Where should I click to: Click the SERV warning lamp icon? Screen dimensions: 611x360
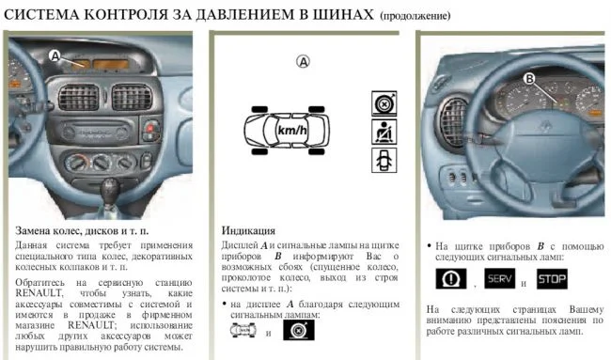tap(499, 278)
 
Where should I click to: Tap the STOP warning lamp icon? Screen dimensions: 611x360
tap(552, 278)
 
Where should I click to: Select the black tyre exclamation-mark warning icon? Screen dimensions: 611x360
tap(451, 278)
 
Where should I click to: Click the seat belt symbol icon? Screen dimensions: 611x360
tap(384, 133)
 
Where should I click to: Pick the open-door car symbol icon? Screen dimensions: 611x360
tap(384, 160)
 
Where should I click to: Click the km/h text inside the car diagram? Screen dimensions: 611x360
tap(292, 130)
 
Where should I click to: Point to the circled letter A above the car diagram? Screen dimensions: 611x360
tap(303, 61)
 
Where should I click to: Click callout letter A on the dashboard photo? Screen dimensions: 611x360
tap(55, 55)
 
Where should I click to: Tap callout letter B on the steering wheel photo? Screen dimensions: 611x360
tap(529, 79)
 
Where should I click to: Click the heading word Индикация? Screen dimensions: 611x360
tap(248, 230)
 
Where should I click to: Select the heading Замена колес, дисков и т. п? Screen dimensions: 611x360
tap(82, 230)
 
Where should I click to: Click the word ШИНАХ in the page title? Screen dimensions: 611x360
tap(343, 15)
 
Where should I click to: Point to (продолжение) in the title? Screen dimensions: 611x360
tap(415, 16)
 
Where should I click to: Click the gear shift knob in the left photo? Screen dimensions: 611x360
tap(110, 189)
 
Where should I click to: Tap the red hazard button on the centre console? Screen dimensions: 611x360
tap(150, 128)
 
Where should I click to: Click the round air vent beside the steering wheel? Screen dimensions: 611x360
tap(453, 122)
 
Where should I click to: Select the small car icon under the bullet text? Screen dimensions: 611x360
tap(243, 331)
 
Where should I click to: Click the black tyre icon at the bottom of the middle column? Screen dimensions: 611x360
tap(299, 330)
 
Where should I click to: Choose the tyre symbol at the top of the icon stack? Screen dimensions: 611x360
tap(384, 103)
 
